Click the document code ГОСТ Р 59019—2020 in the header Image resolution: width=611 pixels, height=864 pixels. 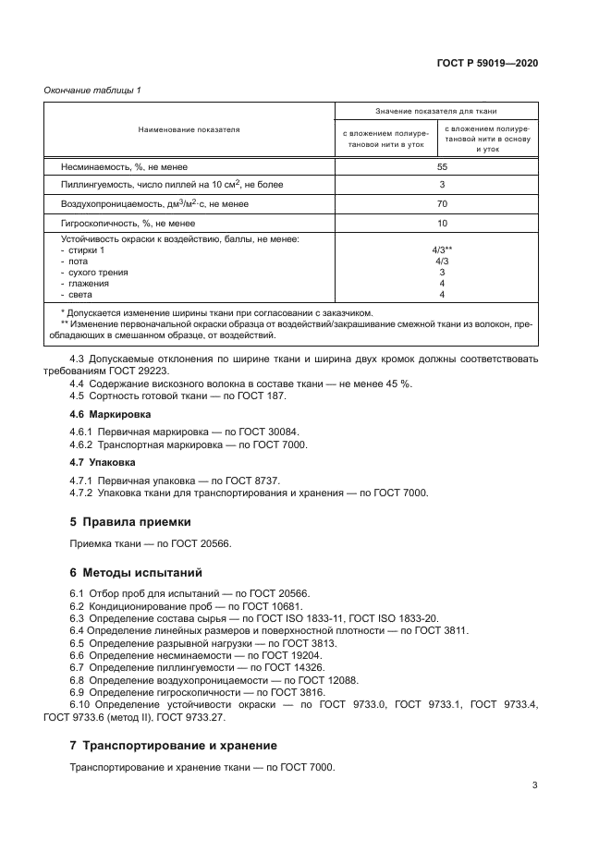[x=487, y=63]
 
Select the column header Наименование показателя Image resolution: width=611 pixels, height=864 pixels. [x=189, y=130]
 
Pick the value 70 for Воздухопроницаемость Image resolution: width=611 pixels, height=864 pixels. [x=442, y=203]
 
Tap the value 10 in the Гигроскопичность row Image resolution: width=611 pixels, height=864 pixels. [x=442, y=223]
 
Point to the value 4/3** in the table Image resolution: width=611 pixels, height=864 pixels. [x=442, y=250]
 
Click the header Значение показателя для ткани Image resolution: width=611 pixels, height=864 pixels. [x=442, y=110]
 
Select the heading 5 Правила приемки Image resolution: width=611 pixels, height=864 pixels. [x=130, y=520]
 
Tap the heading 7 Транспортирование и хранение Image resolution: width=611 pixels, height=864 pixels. [x=174, y=745]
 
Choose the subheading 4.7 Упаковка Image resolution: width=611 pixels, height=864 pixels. [x=103, y=461]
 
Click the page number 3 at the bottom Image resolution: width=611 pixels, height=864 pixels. [x=535, y=785]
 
